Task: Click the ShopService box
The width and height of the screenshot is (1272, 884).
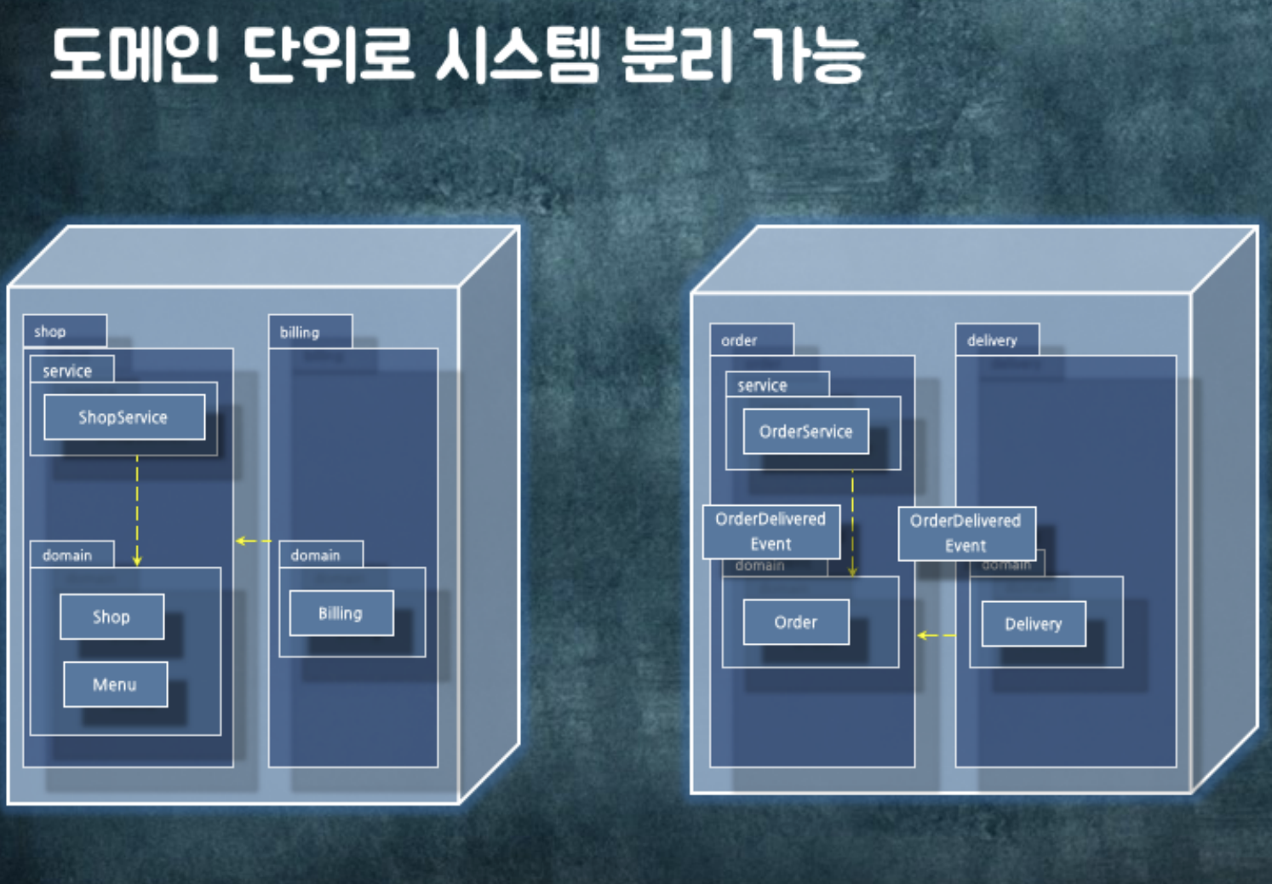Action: point(124,417)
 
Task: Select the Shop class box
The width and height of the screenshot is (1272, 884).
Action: point(112,617)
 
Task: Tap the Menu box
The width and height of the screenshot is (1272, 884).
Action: point(115,685)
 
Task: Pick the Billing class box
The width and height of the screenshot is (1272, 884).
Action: point(341,613)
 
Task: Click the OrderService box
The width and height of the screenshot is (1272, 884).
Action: point(805,432)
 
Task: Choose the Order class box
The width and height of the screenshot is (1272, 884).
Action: point(795,623)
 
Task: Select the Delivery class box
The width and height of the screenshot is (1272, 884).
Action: point(1033,624)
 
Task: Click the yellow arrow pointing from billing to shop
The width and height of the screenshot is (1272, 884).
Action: point(253,541)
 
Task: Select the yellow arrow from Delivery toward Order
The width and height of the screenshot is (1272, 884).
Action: point(936,635)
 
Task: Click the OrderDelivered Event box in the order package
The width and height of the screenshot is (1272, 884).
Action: point(771,531)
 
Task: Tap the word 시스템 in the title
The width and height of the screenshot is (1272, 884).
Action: point(519,56)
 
